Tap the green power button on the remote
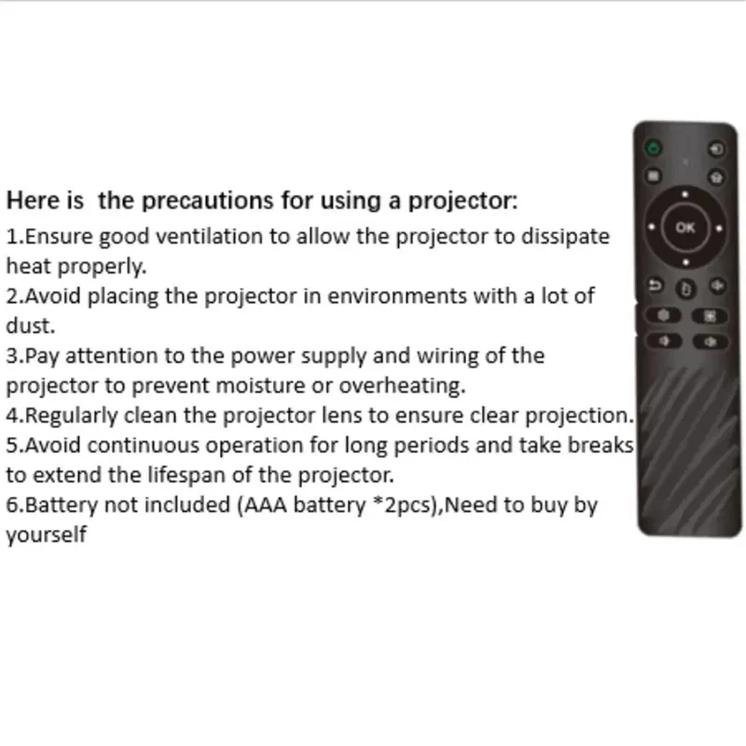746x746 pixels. (655, 147)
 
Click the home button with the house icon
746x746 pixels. (715, 174)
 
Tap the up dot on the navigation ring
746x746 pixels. (685, 195)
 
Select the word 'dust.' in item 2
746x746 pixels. (31, 326)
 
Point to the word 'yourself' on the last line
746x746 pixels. (47, 536)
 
